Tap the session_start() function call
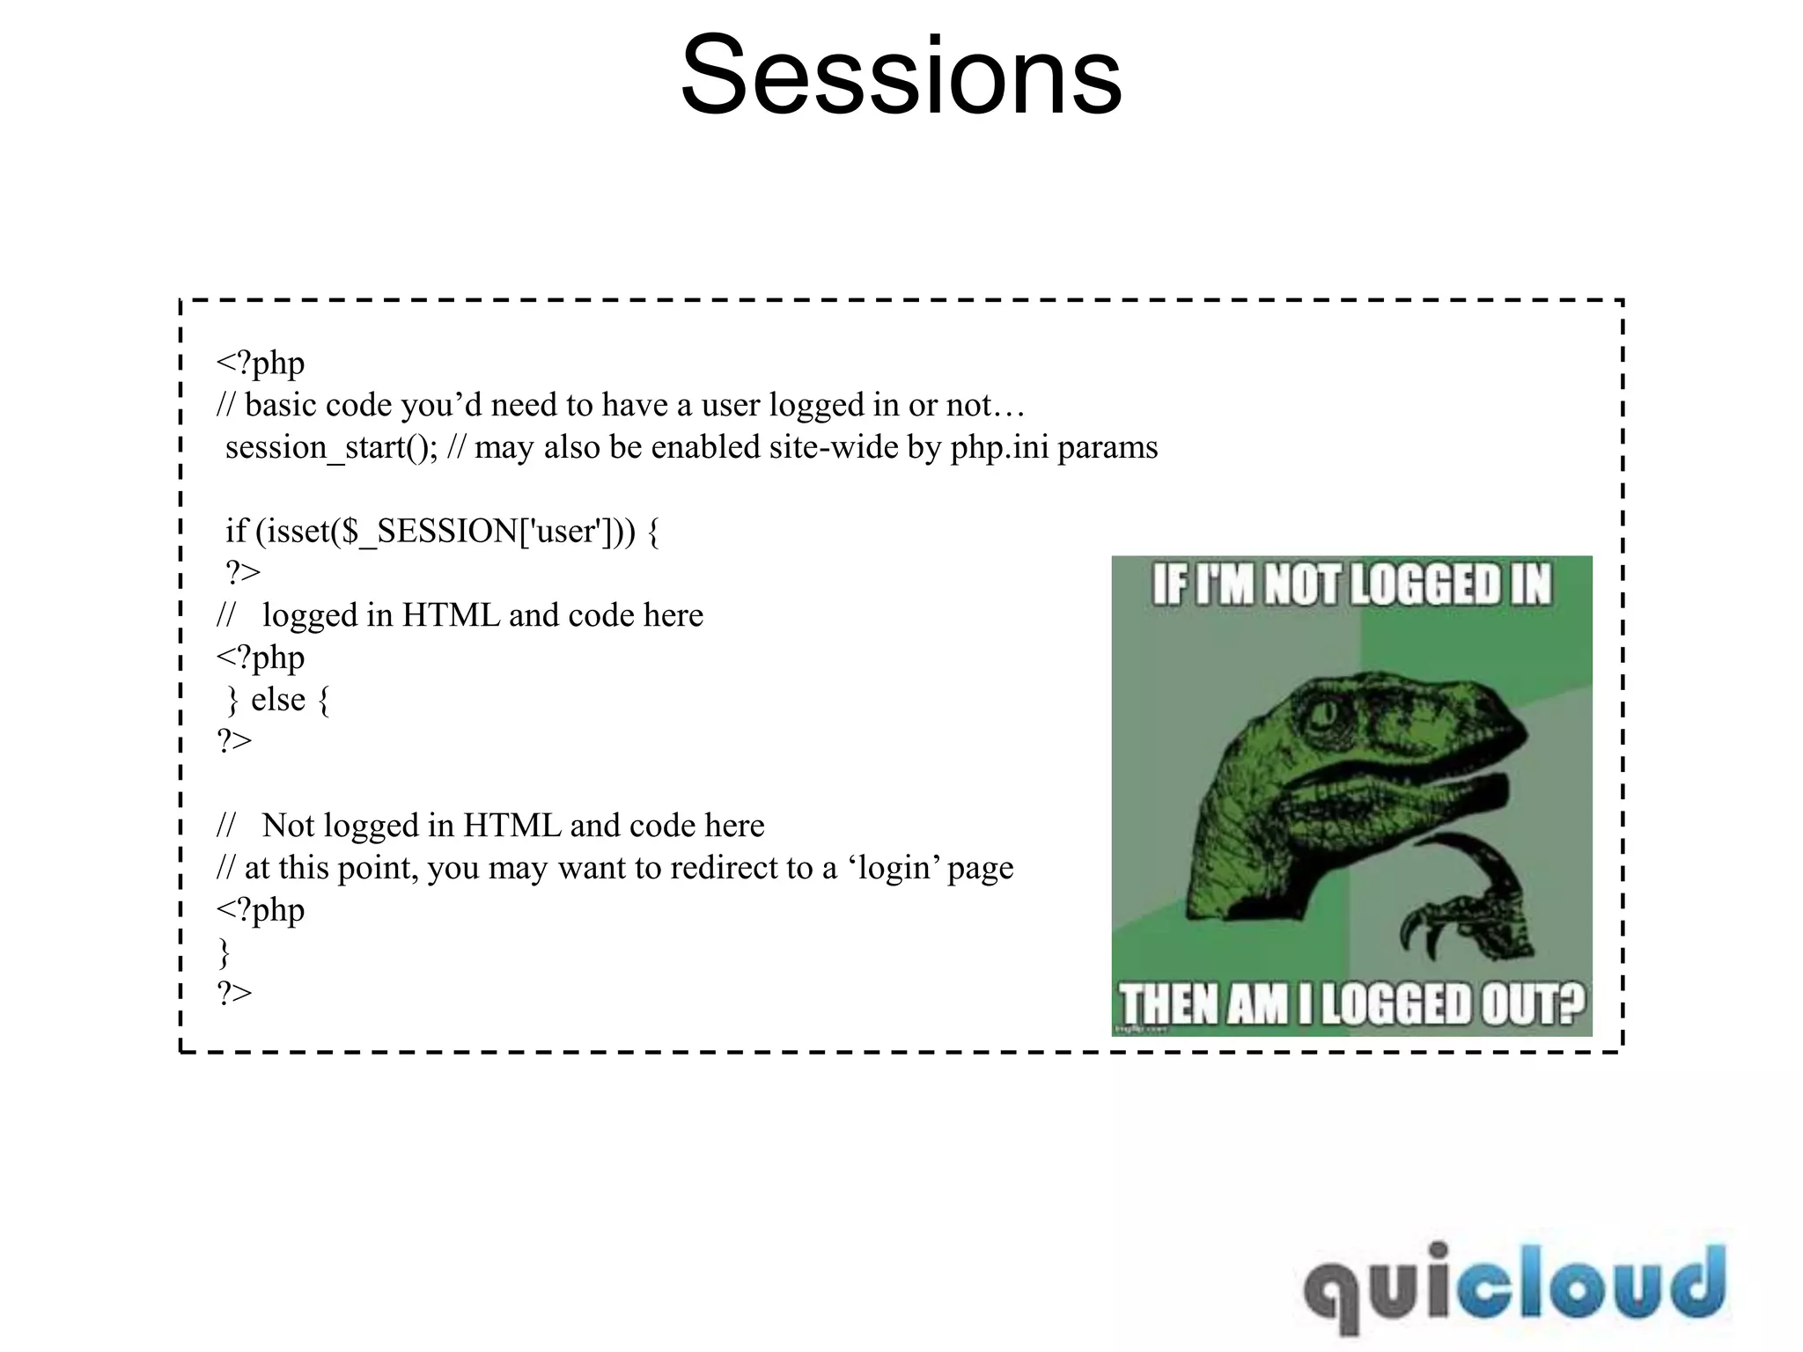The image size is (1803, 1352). [x=330, y=448]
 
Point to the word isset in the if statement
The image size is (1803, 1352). [x=297, y=532]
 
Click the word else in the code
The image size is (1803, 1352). [x=277, y=700]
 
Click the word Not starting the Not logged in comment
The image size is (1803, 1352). [x=288, y=827]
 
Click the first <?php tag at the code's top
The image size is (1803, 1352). [x=261, y=364]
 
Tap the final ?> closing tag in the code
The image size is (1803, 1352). [x=234, y=994]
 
